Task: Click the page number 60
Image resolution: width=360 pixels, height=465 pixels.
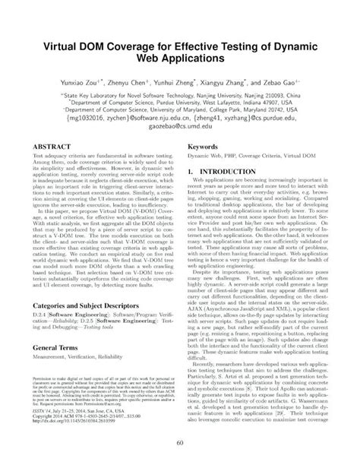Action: (180, 443)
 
